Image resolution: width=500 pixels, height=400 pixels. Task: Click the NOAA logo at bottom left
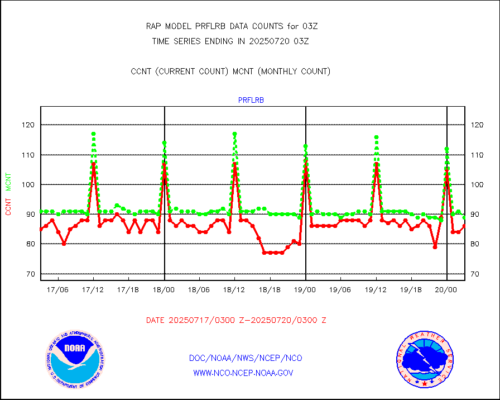tap(75, 358)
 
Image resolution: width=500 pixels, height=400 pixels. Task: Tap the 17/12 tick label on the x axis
tap(93, 290)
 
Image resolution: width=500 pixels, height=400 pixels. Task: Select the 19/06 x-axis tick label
tap(340, 290)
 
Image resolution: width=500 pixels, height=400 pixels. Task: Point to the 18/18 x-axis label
tap(270, 290)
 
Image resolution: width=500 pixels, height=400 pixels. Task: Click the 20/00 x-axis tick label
tap(446, 290)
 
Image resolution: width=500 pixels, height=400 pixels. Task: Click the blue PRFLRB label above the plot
tap(251, 101)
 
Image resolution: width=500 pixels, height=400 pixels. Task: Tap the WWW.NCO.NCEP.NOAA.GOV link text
tap(243, 373)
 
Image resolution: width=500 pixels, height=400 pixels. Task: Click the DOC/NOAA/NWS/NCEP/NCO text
tap(246, 358)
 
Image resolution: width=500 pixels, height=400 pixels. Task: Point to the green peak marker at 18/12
tap(234, 134)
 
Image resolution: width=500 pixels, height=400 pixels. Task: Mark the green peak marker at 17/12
tap(93, 134)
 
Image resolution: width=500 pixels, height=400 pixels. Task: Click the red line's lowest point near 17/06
tap(64, 244)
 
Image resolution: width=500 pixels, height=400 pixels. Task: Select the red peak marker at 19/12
tap(376, 164)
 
